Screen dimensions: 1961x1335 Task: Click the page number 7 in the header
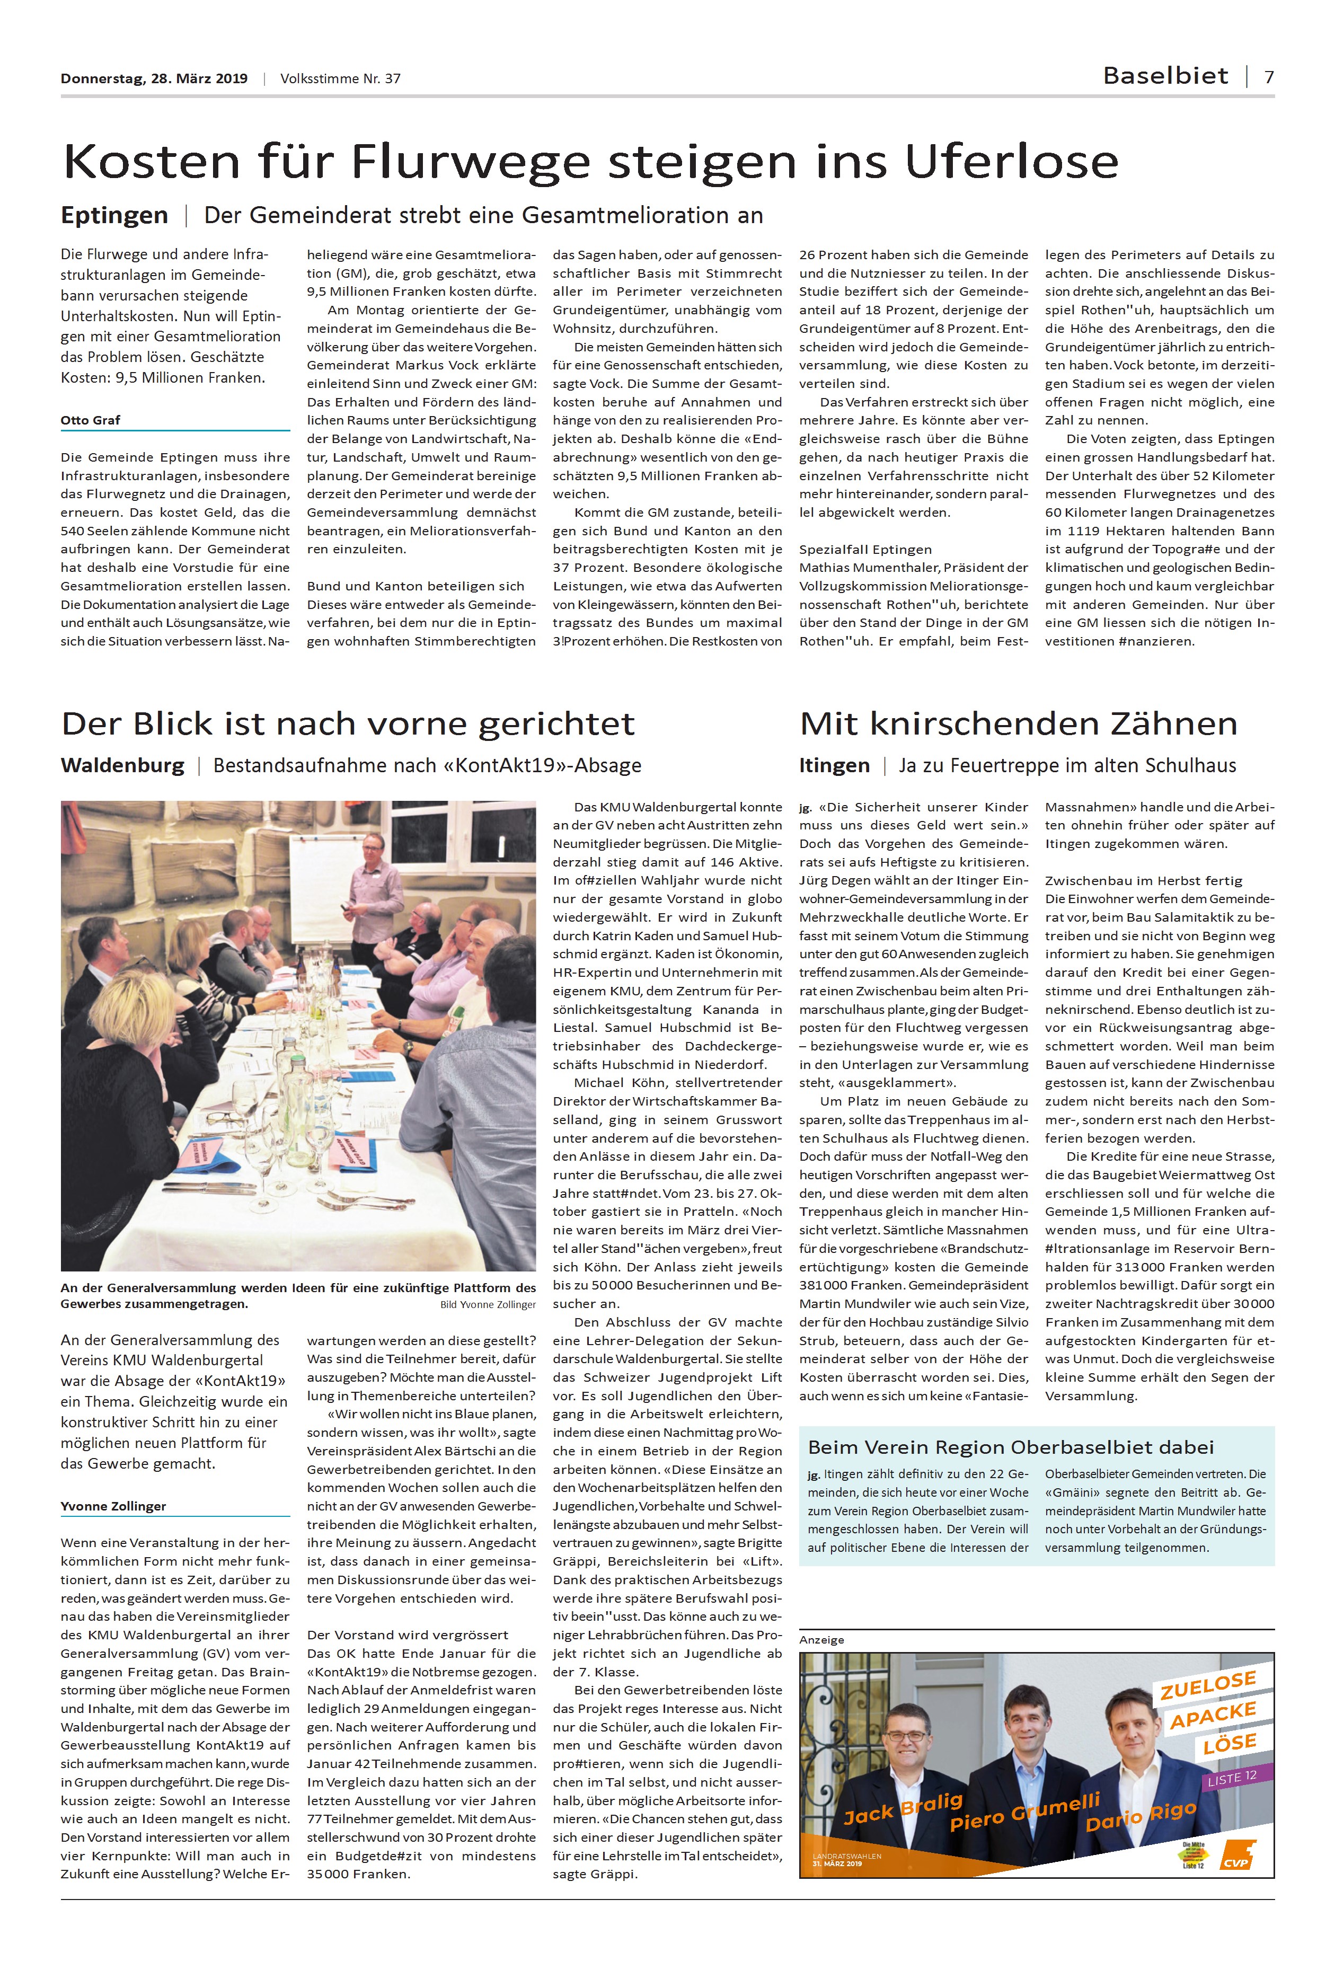[1268, 77]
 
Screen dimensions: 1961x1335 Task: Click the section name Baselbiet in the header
[1165, 76]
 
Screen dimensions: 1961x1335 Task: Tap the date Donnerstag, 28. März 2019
[154, 78]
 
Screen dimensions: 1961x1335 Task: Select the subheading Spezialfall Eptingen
[865, 549]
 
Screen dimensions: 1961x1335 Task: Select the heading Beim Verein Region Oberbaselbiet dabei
[1010, 1446]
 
